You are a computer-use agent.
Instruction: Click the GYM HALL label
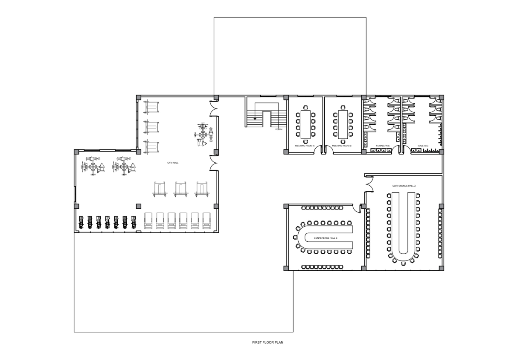[173, 163]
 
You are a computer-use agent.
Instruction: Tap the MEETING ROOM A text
[305, 146]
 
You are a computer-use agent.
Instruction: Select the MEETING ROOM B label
[342, 146]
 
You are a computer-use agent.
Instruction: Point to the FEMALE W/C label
[383, 146]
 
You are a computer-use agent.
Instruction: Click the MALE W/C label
[423, 146]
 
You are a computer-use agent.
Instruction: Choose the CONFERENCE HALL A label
[404, 186]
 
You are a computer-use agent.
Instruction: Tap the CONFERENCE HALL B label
[325, 238]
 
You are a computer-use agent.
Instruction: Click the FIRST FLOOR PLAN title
[268, 342]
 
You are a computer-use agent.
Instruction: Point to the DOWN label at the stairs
[279, 129]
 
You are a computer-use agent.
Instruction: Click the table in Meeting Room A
[305, 124]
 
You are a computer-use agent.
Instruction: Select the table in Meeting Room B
[343, 124]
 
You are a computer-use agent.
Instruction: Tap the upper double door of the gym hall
[214, 108]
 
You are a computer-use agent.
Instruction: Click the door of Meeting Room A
[317, 149]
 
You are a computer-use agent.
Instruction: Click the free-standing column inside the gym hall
[139, 206]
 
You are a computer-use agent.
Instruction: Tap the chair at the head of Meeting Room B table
[343, 107]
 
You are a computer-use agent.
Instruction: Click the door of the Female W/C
[396, 149]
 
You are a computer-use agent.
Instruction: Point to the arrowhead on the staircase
[255, 119]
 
